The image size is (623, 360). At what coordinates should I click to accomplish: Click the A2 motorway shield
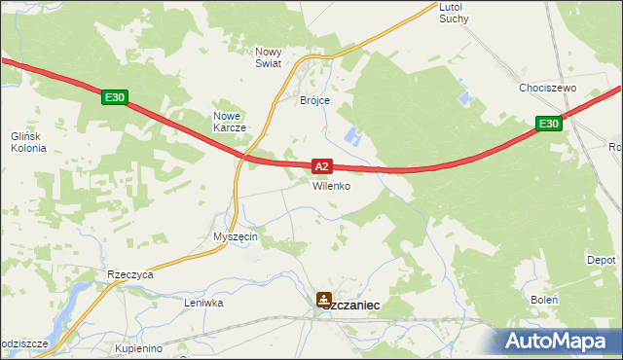(324, 166)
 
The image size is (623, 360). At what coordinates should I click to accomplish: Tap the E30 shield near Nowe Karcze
(114, 97)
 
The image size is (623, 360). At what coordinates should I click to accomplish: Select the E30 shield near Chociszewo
(548, 124)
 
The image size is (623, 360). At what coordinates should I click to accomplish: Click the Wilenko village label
(331, 186)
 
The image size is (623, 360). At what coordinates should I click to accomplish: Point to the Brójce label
(314, 100)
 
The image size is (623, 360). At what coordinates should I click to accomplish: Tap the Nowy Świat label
(268, 56)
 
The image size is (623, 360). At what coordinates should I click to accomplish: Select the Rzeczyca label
(131, 275)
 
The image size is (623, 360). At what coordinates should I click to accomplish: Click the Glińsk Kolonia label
(23, 143)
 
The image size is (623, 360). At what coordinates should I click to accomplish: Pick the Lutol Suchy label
(454, 13)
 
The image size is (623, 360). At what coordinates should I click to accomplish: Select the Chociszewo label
(548, 88)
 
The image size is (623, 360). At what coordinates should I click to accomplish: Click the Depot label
(601, 261)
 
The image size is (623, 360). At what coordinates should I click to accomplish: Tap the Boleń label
(543, 300)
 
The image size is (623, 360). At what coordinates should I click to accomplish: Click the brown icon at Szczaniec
(323, 300)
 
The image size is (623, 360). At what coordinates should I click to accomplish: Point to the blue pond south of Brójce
(352, 137)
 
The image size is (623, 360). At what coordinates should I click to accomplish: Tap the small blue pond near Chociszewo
(463, 99)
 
